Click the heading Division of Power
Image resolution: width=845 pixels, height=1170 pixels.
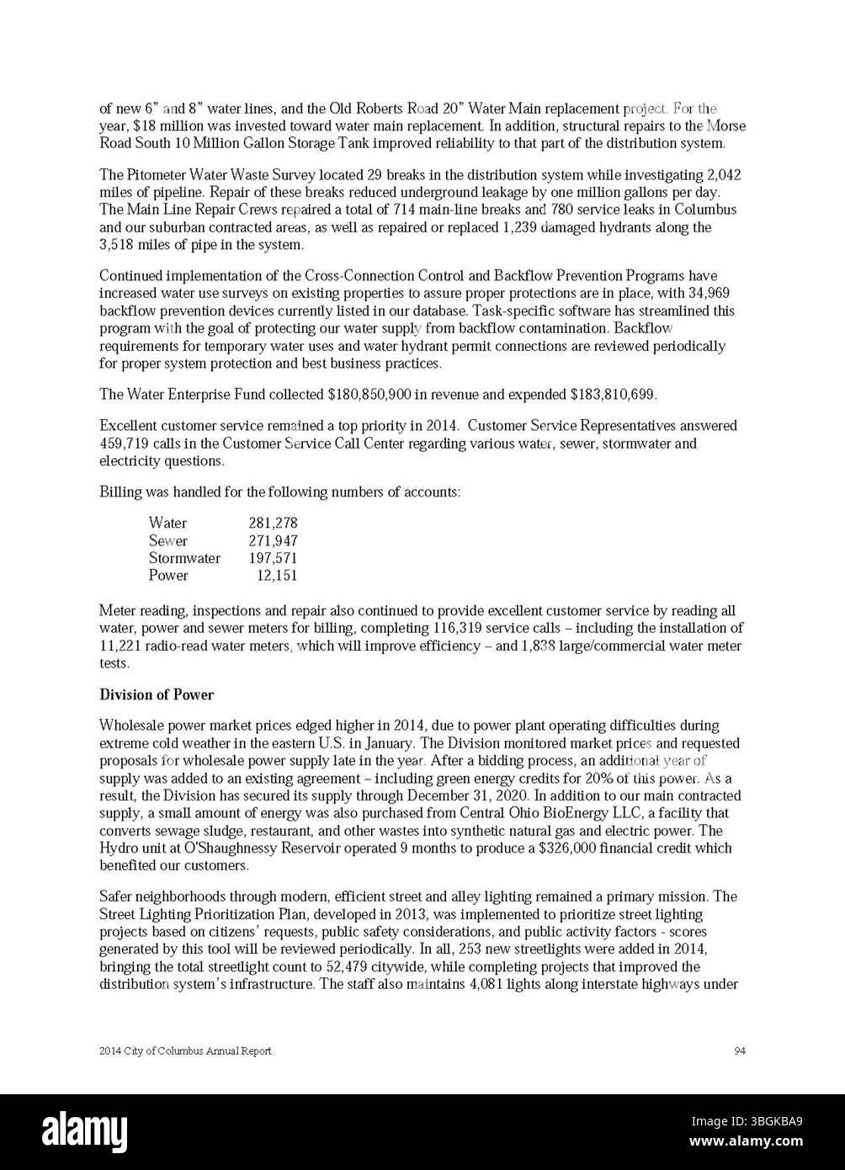pyautogui.click(x=157, y=695)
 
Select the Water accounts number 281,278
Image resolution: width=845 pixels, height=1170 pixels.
pyautogui.click(x=273, y=523)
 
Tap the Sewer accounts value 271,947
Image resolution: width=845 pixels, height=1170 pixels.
pyautogui.click(x=273, y=540)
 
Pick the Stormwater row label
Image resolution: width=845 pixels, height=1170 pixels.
pyautogui.click(x=184, y=558)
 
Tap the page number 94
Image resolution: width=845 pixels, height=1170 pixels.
pyautogui.click(x=740, y=1050)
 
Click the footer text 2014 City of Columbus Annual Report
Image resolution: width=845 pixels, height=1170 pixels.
pyautogui.click(x=185, y=1051)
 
